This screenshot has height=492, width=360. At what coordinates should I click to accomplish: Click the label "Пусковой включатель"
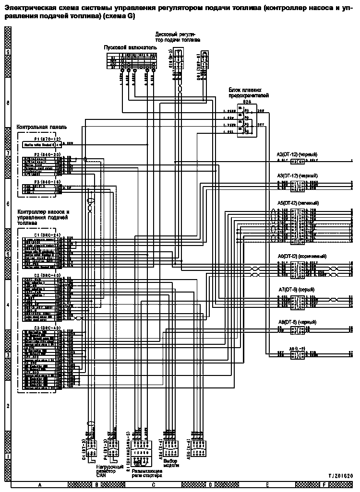[131, 48]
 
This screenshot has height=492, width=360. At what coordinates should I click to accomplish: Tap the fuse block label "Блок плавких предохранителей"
[248, 93]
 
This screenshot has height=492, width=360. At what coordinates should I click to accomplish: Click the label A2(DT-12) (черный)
[297, 154]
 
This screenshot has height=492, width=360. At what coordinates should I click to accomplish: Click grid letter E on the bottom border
[267, 485]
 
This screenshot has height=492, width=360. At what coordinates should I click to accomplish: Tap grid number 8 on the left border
[7, 103]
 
